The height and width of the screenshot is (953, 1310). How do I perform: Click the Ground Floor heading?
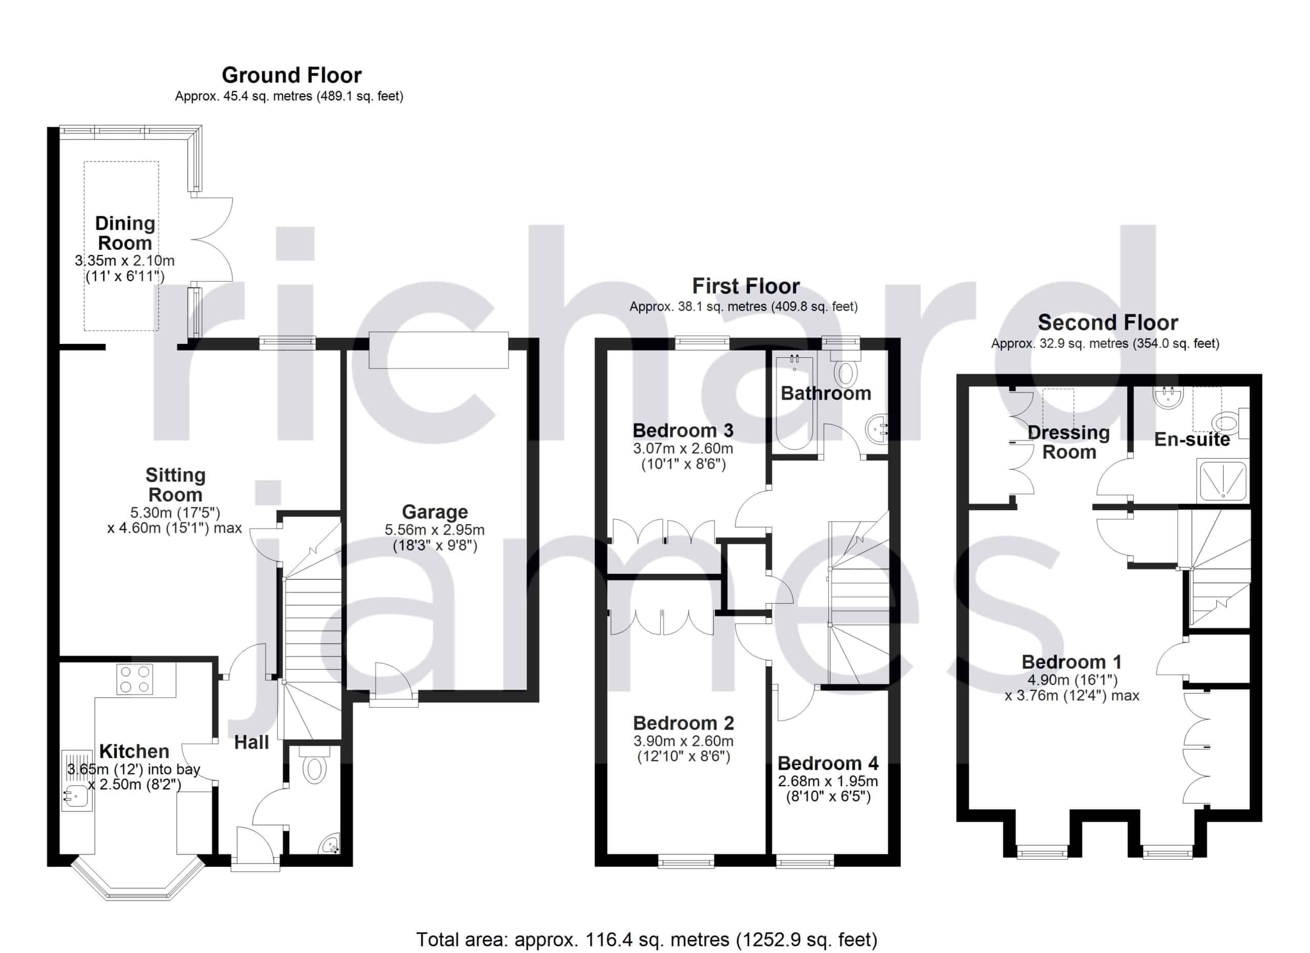tap(292, 76)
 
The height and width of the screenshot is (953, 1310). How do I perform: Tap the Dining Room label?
tap(125, 233)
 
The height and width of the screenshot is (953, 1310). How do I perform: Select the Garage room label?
tap(435, 512)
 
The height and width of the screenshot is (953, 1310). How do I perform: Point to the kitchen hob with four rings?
tap(135, 679)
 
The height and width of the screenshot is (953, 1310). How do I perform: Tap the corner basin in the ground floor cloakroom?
tap(331, 844)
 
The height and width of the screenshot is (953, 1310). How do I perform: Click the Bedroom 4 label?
tap(827, 764)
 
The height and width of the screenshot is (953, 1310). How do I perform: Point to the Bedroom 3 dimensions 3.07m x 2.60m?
tap(683, 448)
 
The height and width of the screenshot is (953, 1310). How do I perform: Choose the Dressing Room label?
tap(1069, 442)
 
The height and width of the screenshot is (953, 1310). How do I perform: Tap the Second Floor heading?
tap(1108, 322)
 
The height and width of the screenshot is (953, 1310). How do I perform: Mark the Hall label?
tap(252, 742)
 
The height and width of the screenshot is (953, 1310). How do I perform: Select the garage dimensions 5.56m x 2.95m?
tap(435, 530)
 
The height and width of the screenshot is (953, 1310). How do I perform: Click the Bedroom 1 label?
tap(1072, 662)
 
